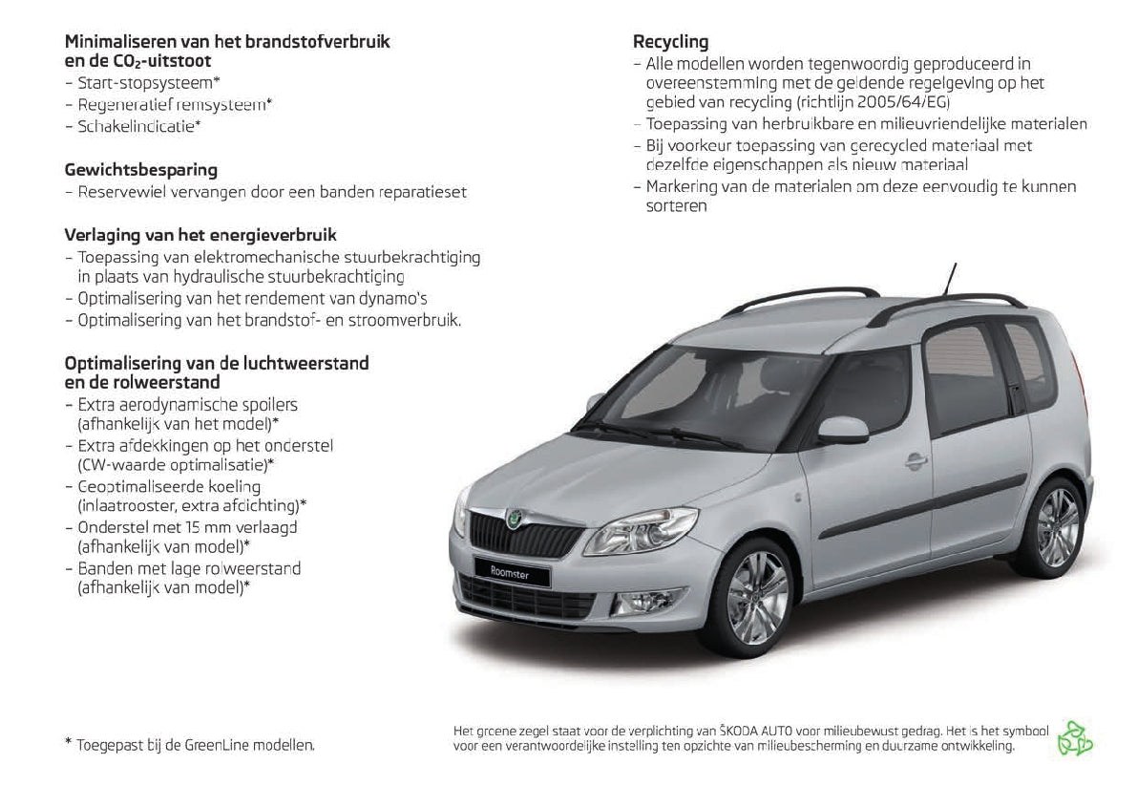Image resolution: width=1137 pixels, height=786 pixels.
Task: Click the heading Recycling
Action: [x=670, y=42]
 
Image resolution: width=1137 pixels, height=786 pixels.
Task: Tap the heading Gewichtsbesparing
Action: [x=140, y=170]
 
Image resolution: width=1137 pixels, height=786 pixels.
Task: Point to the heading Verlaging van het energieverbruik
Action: [x=200, y=235]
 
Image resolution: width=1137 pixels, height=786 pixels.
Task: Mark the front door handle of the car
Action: [x=916, y=459]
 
